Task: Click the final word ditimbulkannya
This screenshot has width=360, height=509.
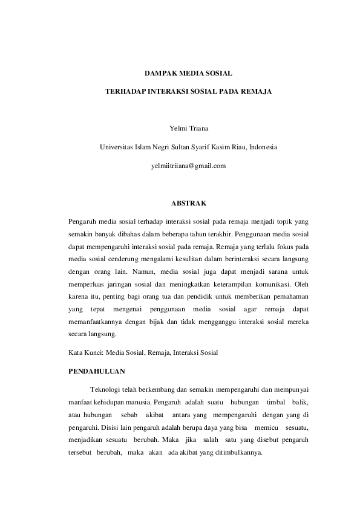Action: pos(233,453)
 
